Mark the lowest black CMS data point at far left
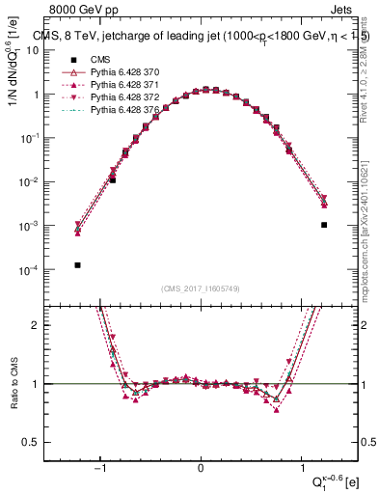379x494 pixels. click(77, 264)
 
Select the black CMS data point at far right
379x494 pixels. click(324, 225)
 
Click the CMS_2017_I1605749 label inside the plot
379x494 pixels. click(200, 288)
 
